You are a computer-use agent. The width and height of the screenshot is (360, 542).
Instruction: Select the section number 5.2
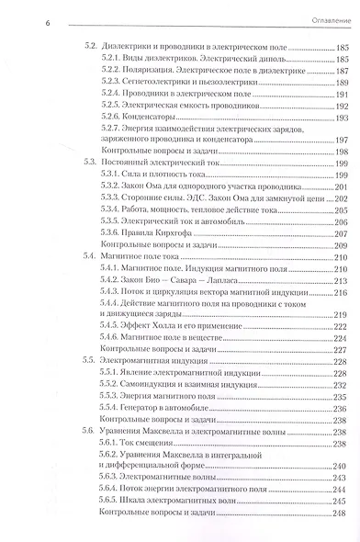pos(88,46)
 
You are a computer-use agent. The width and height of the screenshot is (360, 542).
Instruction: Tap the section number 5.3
pos(88,160)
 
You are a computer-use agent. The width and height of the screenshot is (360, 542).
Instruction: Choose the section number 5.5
pos(88,350)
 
